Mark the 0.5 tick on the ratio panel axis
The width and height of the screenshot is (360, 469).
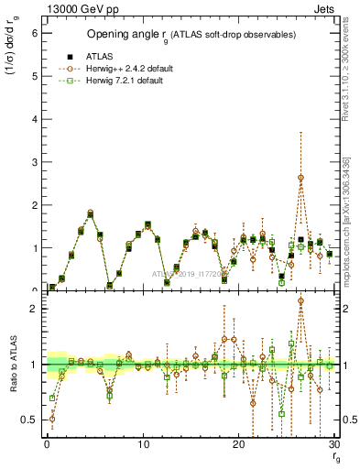pyautogui.click(x=29, y=420)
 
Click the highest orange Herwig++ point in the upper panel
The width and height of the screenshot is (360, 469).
pyautogui.click(x=300, y=177)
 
